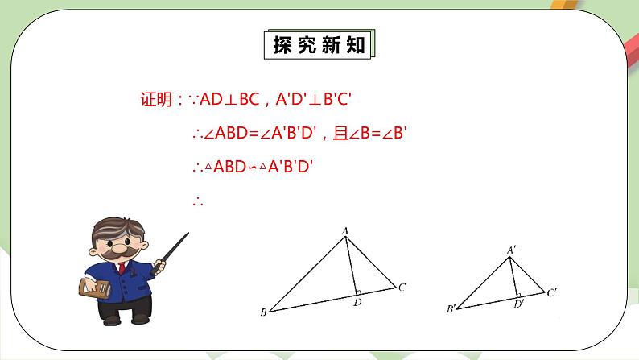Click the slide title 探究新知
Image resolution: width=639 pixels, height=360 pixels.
tap(319, 45)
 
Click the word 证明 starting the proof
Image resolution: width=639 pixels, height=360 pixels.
tap(155, 101)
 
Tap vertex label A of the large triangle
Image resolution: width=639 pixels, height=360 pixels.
tap(345, 231)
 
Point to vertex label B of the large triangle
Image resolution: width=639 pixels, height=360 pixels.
tap(263, 312)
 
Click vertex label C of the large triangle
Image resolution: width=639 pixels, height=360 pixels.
tap(402, 286)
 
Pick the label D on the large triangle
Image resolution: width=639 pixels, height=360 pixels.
tap(357, 304)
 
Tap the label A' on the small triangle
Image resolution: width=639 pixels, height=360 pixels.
tap(511, 250)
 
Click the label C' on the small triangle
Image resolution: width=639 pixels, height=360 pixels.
tap(552, 292)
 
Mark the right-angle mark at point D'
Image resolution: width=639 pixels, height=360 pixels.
tap(517, 296)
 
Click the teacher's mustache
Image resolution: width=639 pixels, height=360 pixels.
tap(117, 251)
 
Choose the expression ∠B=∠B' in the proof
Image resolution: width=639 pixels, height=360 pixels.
tap(378, 134)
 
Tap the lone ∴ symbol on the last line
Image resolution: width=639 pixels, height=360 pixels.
tap(198, 202)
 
